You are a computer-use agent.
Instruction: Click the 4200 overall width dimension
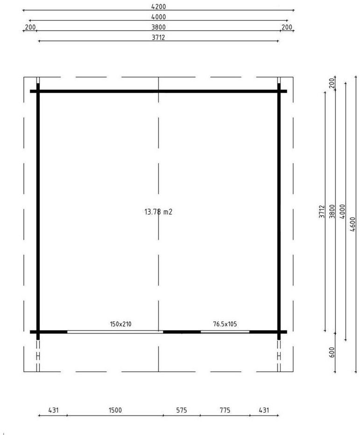(x=158, y=7)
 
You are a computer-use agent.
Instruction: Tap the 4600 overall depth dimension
(x=353, y=225)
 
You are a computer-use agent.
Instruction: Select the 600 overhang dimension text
(x=332, y=352)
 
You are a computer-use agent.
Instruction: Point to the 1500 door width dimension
(x=115, y=410)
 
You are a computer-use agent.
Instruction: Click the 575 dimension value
(x=182, y=410)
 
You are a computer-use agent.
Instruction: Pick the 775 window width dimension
(x=225, y=410)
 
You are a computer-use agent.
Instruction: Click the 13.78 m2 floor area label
(x=158, y=212)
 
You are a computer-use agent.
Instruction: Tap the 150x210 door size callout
(x=120, y=324)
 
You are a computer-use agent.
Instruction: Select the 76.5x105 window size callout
(x=225, y=324)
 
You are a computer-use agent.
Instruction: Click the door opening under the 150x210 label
(x=115, y=332)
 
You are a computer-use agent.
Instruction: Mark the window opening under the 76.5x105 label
(x=225, y=332)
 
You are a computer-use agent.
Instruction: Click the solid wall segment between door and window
(x=182, y=332)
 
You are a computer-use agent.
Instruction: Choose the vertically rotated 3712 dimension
(x=322, y=211)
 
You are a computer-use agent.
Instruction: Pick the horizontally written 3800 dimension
(x=158, y=27)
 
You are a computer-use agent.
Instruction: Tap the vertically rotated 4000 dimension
(x=343, y=211)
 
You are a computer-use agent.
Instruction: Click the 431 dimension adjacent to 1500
(x=53, y=410)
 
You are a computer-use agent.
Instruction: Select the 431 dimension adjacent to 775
(x=264, y=410)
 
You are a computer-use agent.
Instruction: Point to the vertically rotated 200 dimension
(x=332, y=83)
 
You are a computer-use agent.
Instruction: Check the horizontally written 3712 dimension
(x=158, y=37)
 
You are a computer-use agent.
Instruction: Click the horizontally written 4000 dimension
(x=158, y=17)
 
